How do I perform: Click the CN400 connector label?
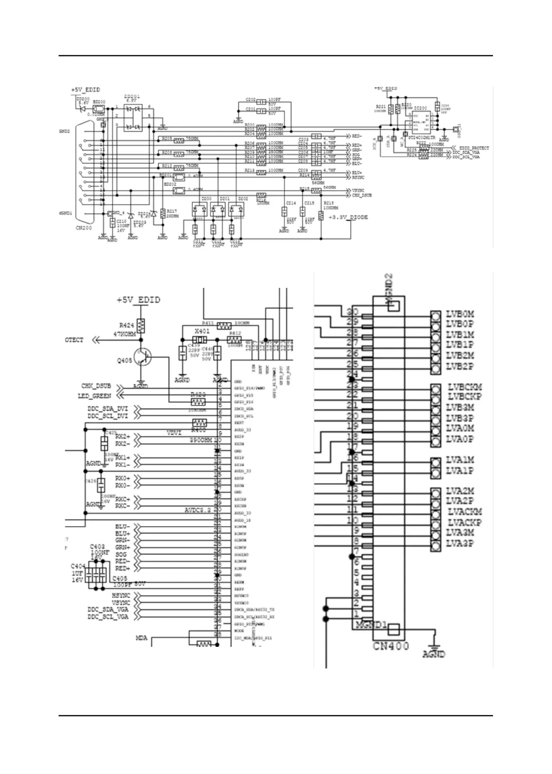390,646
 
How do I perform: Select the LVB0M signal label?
460,314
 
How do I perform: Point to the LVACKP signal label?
464,523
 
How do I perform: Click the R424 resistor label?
127,325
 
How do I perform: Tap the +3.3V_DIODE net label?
348,217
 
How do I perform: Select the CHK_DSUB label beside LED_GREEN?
96,386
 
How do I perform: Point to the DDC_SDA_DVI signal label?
107,408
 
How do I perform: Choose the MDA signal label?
141,638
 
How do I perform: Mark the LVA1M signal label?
460,460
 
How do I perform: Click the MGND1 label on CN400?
370,625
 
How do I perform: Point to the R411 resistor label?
208,323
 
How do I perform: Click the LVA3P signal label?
460,543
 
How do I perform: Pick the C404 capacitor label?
78,566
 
